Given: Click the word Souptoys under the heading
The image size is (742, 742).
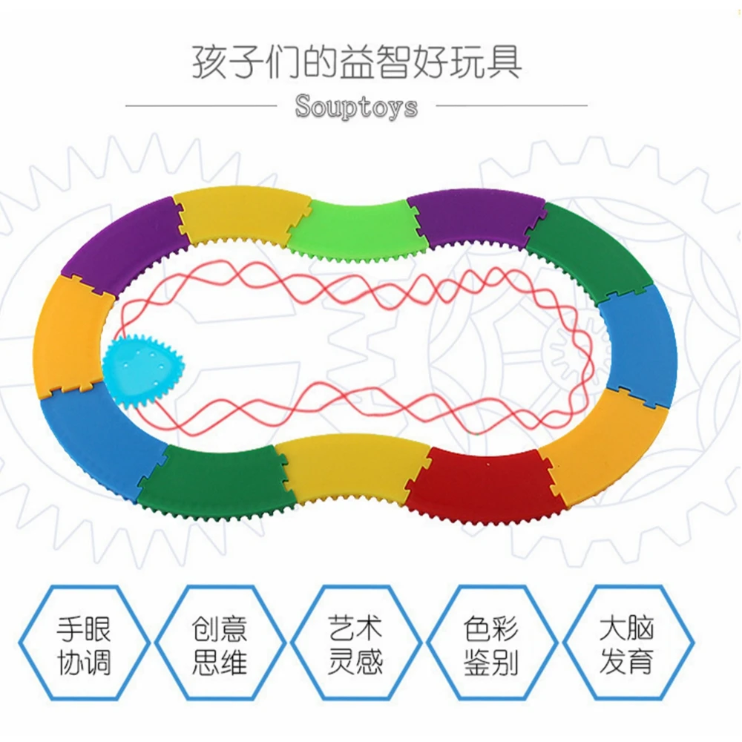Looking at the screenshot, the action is point(356,106).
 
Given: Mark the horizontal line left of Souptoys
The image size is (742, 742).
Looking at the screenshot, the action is point(200,105).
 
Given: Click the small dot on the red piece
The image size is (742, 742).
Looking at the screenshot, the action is point(488,467).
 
